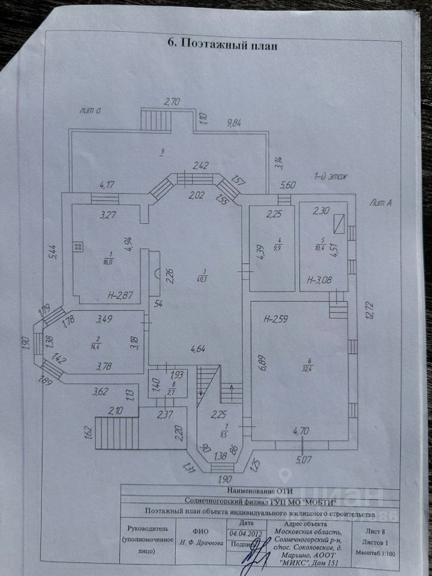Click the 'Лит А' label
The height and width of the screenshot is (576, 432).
point(380,203)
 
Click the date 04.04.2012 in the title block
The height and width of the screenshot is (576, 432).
point(245,533)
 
